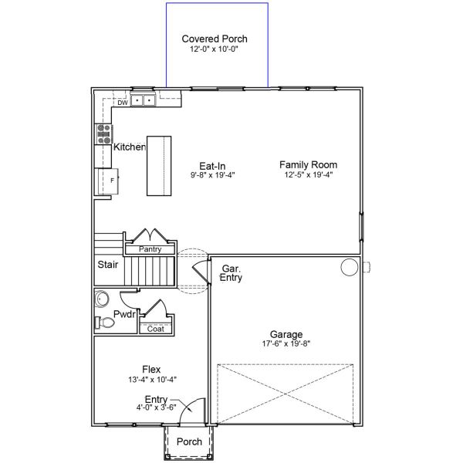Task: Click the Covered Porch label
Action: coord(215,39)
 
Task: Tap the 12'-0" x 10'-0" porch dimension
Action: coord(214,49)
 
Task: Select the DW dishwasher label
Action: coord(123,103)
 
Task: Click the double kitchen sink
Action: coord(144,100)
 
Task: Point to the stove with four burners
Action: coord(103,134)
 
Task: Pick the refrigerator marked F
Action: coord(107,181)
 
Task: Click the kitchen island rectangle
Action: coord(159,166)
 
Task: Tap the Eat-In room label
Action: coord(212,166)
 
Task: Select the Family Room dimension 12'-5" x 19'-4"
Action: coord(309,174)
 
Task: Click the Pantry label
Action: coord(150,249)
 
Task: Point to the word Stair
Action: coord(108,265)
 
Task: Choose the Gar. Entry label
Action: coord(231,273)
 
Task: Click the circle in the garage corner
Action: coord(350,267)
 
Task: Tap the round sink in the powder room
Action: coord(102,299)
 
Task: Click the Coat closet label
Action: coord(155,329)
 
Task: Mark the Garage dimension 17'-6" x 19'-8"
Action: coord(286,343)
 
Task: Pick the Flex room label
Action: coord(151,370)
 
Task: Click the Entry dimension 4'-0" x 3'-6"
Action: coord(156,407)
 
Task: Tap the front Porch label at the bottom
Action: coord(189,441)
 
